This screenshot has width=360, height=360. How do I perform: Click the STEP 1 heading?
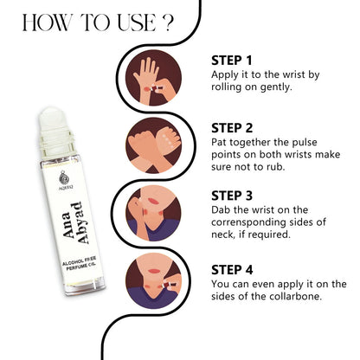[232, 61]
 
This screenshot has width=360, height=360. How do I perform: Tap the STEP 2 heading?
[232, 128]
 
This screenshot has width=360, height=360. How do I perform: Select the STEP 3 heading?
[232, 196]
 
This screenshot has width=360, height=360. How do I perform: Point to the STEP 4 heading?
[232, 270]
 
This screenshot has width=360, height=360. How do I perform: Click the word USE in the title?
[137, 22]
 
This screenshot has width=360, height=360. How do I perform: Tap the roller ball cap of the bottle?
[52, 119]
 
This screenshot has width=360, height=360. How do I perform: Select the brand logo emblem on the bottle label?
[64, 177]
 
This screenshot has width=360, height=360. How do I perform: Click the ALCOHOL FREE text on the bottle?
[80, 260]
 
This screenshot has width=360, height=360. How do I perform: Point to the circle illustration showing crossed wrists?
[154, 145]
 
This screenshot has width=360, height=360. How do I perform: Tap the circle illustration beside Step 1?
[154, 78]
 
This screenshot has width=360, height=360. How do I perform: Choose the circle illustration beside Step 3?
[154, 213]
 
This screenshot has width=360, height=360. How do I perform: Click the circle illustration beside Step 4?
[154, 281]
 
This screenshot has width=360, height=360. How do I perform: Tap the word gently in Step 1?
[276, 87]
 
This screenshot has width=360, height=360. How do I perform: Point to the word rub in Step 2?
[274, 167]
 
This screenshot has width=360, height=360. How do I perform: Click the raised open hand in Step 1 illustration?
[146, 75]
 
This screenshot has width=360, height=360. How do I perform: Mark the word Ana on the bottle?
[67, 225]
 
